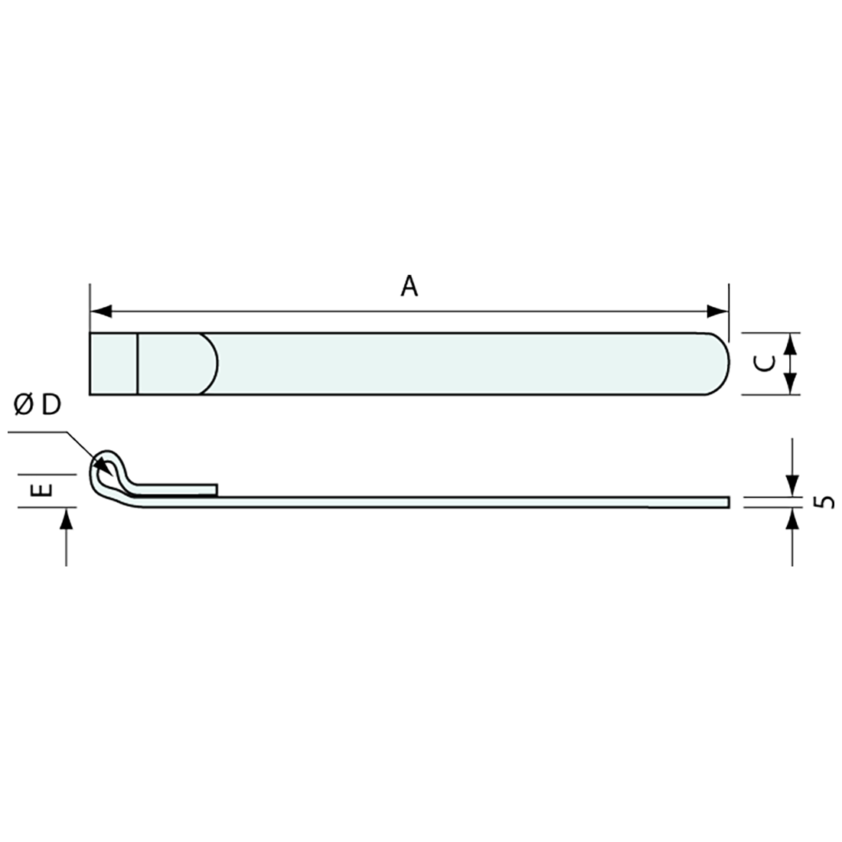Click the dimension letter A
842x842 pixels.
tap(410, 286)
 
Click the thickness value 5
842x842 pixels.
tap(825, 502)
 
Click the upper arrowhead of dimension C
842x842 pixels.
tap(792, 342)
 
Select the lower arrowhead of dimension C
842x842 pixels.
tap(792, 385)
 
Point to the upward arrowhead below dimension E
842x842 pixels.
tap(67, 519)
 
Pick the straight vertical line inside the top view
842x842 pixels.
tap(138, 364)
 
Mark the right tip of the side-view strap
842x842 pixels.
tap(726, 501)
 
